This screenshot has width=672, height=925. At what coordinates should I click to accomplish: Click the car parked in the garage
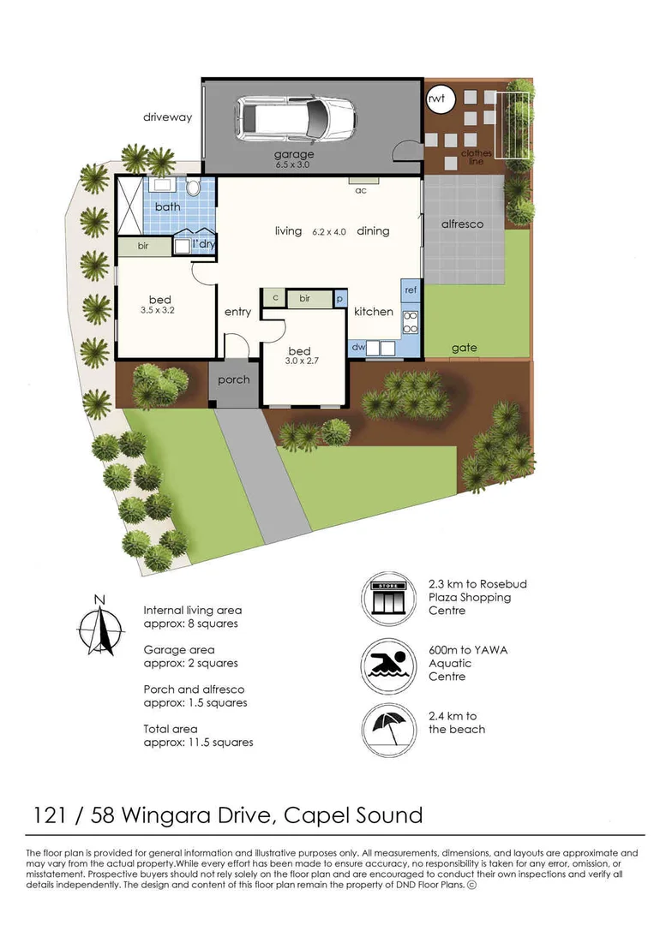(x=297, y=118)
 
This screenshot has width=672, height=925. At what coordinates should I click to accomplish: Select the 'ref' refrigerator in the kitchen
(x=411, y=289)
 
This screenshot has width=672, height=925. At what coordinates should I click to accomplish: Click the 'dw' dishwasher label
(x=358, y=347)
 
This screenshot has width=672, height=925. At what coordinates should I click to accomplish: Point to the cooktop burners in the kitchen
(x=411, y=323)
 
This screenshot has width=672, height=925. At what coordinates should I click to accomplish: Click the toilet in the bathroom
(x=193, y=188)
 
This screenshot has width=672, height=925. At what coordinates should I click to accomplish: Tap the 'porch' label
(x=234, y=380)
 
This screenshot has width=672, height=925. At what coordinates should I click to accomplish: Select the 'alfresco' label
(x=462, y=224)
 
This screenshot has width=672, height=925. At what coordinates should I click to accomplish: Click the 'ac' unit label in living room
(x=361, y=190)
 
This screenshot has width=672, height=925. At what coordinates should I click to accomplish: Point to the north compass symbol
(x=101, y=626)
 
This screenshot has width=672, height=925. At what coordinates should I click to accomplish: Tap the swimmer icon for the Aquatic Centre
(x=388, y=665)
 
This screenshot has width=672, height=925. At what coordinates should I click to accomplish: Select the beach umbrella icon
(x=388, y=730)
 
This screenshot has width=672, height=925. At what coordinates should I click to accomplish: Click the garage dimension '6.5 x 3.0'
(x=292, y=164)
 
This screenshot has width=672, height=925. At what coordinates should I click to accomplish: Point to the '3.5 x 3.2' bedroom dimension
(x=158, y=310)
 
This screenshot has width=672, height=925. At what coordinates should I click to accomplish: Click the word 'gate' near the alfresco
(x=464, y=348)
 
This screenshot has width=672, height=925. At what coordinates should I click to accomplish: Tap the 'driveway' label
(x=168, y=116)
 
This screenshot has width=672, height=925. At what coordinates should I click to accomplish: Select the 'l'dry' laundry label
(x=204, y=243)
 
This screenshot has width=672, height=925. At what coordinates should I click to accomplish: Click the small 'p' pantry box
(x=339, y=299)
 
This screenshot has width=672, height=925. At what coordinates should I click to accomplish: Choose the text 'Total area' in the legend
(x=171, y=729)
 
